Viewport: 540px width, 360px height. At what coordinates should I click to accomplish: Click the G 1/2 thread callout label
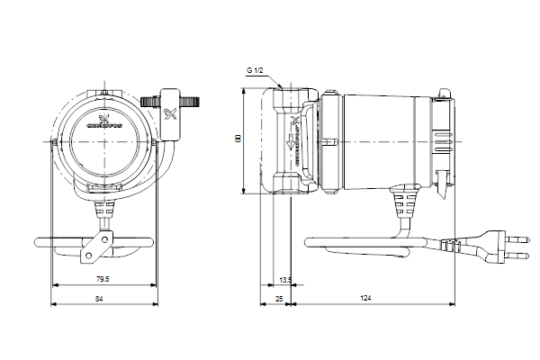pos(256,69)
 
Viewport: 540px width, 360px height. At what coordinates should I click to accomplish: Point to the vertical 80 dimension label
pos(238,139)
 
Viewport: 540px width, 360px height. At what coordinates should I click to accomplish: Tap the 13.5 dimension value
pos(285,279)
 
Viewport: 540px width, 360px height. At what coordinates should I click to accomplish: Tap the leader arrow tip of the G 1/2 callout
pos(283,87)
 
